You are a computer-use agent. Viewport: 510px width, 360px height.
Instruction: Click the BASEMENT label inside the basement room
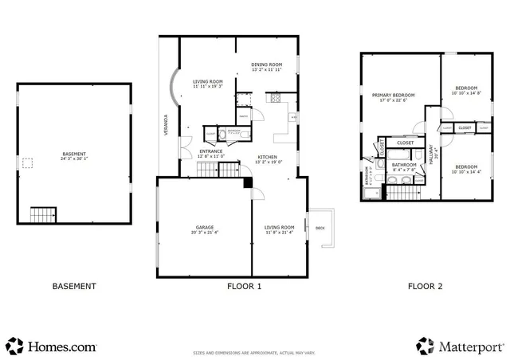click(73, 154)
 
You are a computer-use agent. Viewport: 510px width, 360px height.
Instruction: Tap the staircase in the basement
click(43, 214)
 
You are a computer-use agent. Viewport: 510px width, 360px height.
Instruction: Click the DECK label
click(320, 228)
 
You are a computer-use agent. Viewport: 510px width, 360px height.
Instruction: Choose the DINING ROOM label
click(267, 65)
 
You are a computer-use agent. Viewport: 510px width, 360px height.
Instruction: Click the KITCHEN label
click(267, 157)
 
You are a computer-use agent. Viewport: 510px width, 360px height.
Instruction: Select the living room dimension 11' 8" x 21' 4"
click(279, 233)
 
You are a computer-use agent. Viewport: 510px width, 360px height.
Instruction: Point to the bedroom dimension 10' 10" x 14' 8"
click(466, 93)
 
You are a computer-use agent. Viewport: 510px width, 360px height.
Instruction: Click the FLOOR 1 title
click(244, 286)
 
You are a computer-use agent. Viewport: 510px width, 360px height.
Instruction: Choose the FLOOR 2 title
click(426, 286)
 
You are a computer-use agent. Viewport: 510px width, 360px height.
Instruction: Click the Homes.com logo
click(51, 346)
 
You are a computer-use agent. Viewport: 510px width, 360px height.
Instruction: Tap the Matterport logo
click(461, 346)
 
